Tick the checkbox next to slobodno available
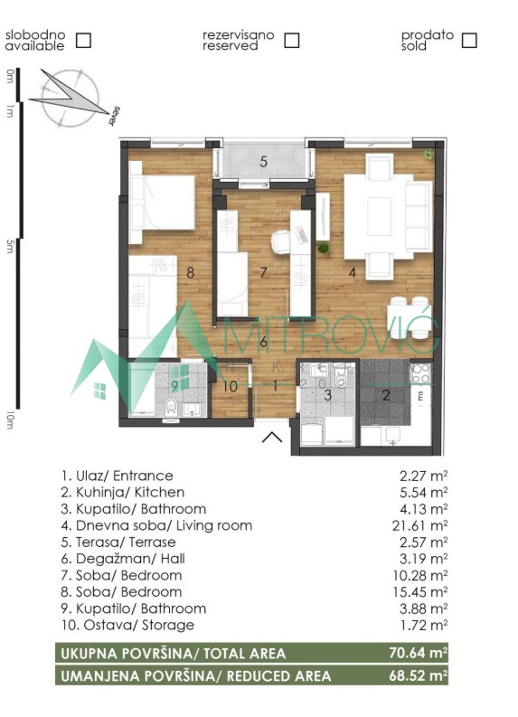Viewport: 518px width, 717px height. pos(83,41)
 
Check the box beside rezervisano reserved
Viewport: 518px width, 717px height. pos(292,41)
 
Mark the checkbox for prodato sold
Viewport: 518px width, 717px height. pos(469,41)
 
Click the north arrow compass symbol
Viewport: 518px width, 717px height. pos(71,97)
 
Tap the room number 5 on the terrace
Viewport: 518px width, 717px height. pos(263,162)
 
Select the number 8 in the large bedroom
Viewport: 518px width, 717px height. pos(191,272)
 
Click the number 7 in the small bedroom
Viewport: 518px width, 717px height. pos(263,272)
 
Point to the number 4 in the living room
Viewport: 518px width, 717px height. pos(352,272)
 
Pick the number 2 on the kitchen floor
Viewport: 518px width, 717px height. pos(386,395)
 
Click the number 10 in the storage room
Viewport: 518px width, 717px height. pos(231,386)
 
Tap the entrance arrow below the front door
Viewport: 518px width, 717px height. pos(272,437)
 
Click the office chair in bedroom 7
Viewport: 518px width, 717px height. pos(282,241)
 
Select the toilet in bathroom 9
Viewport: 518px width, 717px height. pos(171,407)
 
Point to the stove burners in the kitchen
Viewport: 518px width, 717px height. pos(421,373)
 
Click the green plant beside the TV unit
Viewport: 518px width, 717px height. pos(324,248)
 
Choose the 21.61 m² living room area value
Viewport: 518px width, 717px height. pos(419,525)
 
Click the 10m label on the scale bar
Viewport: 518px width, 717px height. pos(10,420)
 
